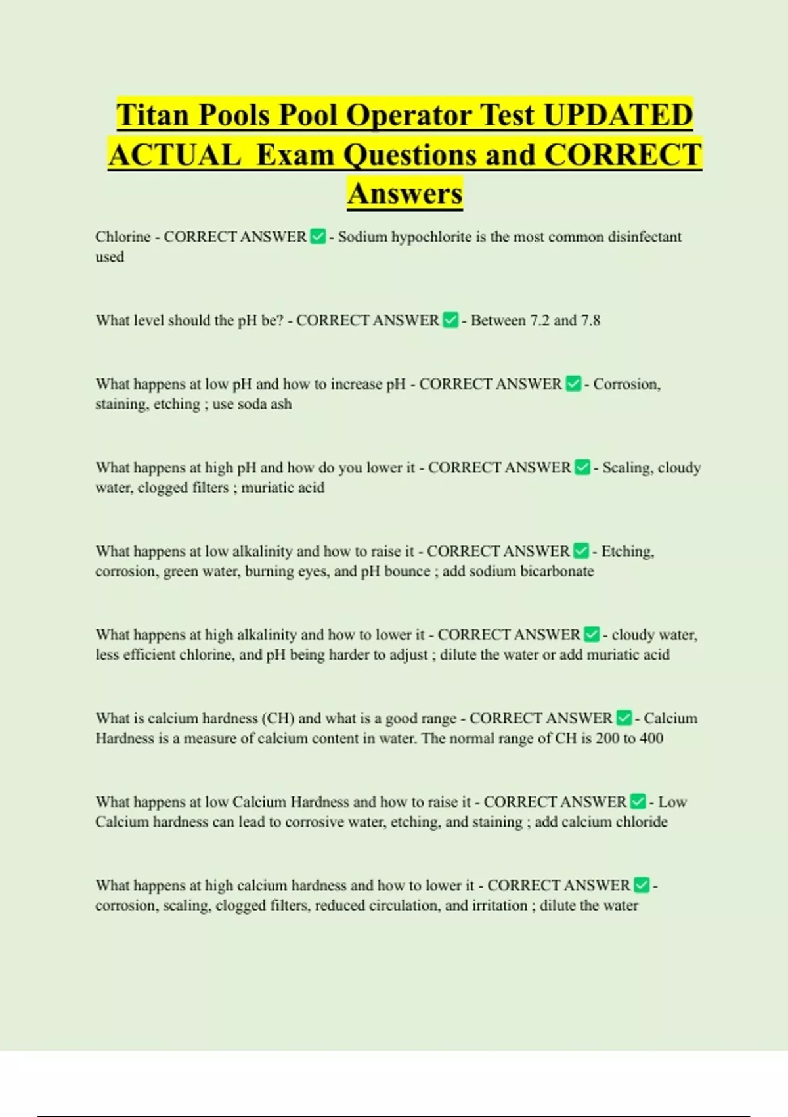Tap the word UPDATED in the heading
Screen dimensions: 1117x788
click(x=618, y=115)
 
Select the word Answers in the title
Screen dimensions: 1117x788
click(x=405, y=194)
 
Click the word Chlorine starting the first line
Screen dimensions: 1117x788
click(x=123, y=237)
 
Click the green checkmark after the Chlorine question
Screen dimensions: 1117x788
click(x=318, y=237)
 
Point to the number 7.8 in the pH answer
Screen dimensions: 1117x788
click(x=588, y=321)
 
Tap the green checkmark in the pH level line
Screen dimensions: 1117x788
click(x=450, y=321)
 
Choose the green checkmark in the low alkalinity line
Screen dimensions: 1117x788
click(x=581, y=551)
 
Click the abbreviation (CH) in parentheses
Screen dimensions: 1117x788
click(x=278, y=718)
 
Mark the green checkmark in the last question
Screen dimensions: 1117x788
click(x=642, y=885)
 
